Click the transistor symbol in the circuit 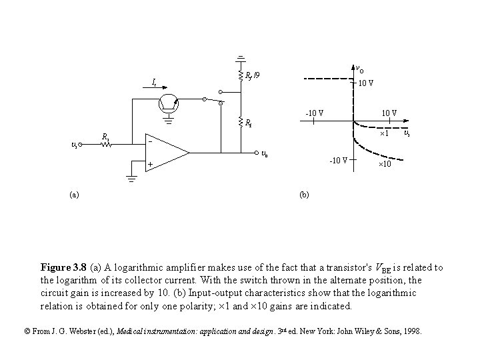point(169,103)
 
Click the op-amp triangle point(166,153)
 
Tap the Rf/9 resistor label point(253,75)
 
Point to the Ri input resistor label point(105,137)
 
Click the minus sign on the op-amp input point(151,142)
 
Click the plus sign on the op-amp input point(151,164)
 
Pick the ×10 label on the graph point(385,164)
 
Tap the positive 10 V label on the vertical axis point(365,83)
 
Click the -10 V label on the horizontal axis point(314,112)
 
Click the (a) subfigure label point(73,195)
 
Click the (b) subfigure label point(304,195)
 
